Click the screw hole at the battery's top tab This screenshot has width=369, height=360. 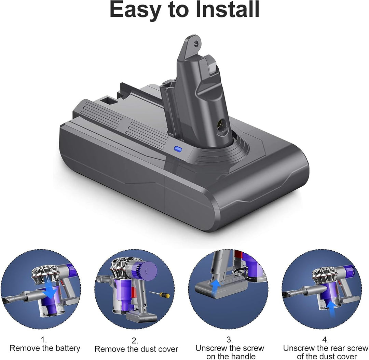[196, 44]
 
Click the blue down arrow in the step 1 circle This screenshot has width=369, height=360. [52, 291]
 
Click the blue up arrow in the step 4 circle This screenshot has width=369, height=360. [330, 304]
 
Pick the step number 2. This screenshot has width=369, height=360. [135, 341]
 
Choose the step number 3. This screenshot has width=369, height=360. [230, 340]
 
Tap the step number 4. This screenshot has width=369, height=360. [325, 340]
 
